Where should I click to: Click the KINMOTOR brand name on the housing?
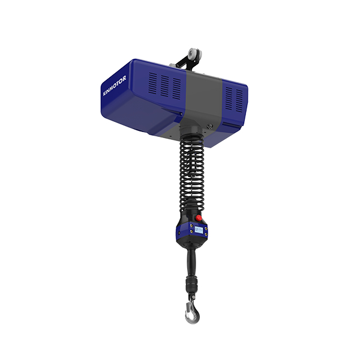115,86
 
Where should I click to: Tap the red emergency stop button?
199,218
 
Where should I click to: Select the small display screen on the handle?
199,230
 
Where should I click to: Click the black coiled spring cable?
192,172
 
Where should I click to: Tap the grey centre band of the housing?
202,99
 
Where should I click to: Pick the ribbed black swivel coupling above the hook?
191,284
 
